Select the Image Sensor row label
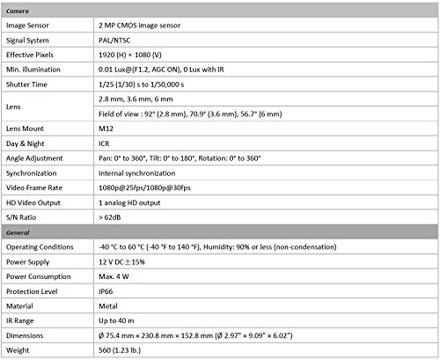click(31, 26)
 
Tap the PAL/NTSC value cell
click(119, 40)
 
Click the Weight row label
click(19, 349)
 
